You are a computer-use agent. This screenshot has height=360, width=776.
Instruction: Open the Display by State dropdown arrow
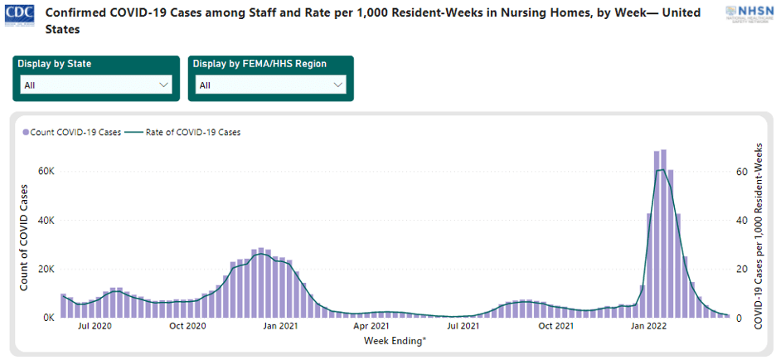[162, 85]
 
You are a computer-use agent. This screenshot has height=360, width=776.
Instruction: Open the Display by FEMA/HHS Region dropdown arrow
[337, 85]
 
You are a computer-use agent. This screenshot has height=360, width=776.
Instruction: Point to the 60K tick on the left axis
[45, 172]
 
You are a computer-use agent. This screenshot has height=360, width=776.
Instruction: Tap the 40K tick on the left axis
[45, 221]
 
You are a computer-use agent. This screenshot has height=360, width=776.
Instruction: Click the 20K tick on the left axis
[45, 270]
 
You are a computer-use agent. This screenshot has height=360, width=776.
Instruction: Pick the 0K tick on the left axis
[47, 318]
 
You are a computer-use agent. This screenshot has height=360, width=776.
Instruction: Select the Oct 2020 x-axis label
[187, 326]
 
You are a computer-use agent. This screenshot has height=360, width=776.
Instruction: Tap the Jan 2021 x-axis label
[280, 326]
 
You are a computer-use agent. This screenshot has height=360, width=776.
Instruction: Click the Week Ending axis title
[395, 340]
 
